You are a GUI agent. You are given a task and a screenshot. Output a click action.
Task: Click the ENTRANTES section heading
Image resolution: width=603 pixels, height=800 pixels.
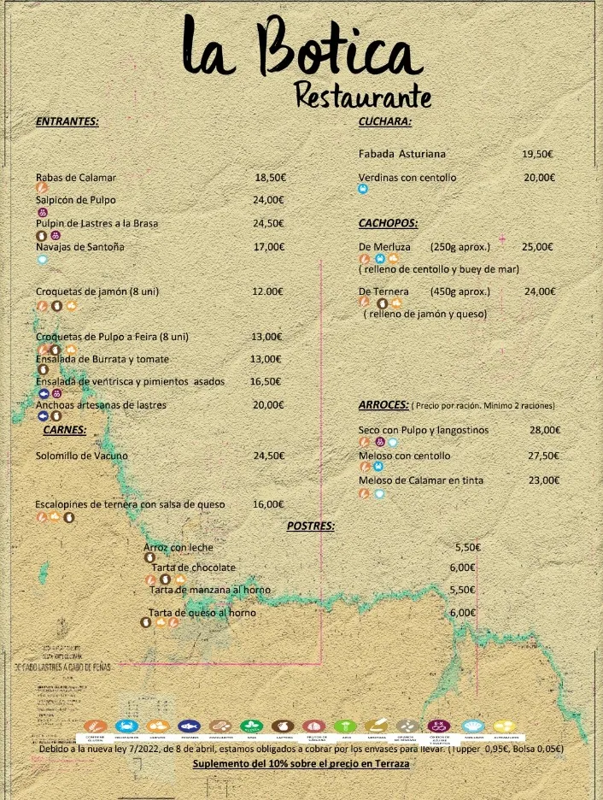tap(67, 121)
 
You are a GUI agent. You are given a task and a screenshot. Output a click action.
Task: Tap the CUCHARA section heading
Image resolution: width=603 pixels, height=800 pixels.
tap(384, 121)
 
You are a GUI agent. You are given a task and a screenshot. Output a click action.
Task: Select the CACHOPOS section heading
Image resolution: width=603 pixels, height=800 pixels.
tap(388, 223)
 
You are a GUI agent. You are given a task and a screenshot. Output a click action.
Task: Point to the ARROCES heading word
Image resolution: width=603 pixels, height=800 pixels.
tap(383, 404)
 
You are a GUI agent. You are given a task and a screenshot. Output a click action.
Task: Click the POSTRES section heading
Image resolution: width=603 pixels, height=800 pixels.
tap(311, 526)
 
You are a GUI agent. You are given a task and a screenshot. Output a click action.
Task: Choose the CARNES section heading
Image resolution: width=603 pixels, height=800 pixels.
tap(65, 430)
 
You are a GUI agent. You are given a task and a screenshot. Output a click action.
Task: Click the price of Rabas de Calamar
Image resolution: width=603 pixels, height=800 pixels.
tap(269, 178)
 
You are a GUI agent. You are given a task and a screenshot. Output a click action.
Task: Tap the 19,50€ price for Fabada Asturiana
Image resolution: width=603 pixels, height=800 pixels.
tap(537, 155)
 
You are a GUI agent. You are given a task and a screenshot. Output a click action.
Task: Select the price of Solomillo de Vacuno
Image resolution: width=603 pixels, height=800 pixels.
tap(268, 456)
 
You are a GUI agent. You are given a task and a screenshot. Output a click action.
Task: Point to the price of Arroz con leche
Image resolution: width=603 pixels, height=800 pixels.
tap(467, 547)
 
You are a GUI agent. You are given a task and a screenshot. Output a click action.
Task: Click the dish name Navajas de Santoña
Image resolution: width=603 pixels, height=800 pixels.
tap(80, 247)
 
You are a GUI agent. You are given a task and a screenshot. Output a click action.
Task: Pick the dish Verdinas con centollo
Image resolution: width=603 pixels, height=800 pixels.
tap(407, 178)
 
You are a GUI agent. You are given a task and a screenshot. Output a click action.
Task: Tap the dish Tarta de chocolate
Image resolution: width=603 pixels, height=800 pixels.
tap(193, 568)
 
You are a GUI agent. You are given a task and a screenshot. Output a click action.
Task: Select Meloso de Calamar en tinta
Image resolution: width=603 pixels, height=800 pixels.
tap(420, 480)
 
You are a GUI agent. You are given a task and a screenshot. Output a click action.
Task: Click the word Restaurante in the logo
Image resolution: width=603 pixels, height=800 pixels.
tap(362, 95)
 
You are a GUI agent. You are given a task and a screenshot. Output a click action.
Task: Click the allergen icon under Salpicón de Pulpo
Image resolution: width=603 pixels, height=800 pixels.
tap(43, 212)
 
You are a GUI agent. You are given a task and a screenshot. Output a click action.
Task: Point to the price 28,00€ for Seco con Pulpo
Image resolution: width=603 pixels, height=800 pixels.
tap(545, 431)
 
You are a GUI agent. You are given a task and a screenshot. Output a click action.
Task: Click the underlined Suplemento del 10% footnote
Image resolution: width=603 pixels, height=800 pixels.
tap(301, 763)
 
